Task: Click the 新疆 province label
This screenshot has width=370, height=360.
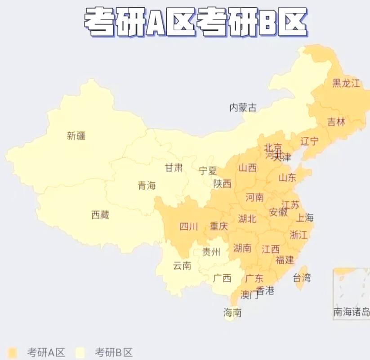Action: [x=76, y=135]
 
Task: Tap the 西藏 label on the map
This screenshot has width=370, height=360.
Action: [x=100, y=215]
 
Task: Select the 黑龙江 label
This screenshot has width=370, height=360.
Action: [x=346, y=83]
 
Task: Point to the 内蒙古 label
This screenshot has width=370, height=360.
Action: [x=243, y=108]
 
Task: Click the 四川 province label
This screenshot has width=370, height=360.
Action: [x=188, y=226]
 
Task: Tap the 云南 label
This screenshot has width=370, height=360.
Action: [x=182, y=265]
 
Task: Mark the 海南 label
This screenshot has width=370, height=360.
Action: [x=232, y=312]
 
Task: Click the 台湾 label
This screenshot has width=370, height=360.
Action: [x=302, y=277]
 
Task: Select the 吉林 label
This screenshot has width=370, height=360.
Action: [x=336, y=121]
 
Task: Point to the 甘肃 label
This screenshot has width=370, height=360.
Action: [x=174, y=168]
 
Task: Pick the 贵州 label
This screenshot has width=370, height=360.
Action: [x=211, y=252]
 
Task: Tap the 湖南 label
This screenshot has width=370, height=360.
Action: [x=242, y=247]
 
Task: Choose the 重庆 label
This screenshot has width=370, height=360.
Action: [x=219, y=226]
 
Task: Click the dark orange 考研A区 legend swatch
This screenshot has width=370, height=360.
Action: [x=13, y=352]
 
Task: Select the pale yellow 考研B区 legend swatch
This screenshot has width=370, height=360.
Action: [x=81, y=352]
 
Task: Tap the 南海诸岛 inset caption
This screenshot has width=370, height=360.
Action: [x=352, y=311]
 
